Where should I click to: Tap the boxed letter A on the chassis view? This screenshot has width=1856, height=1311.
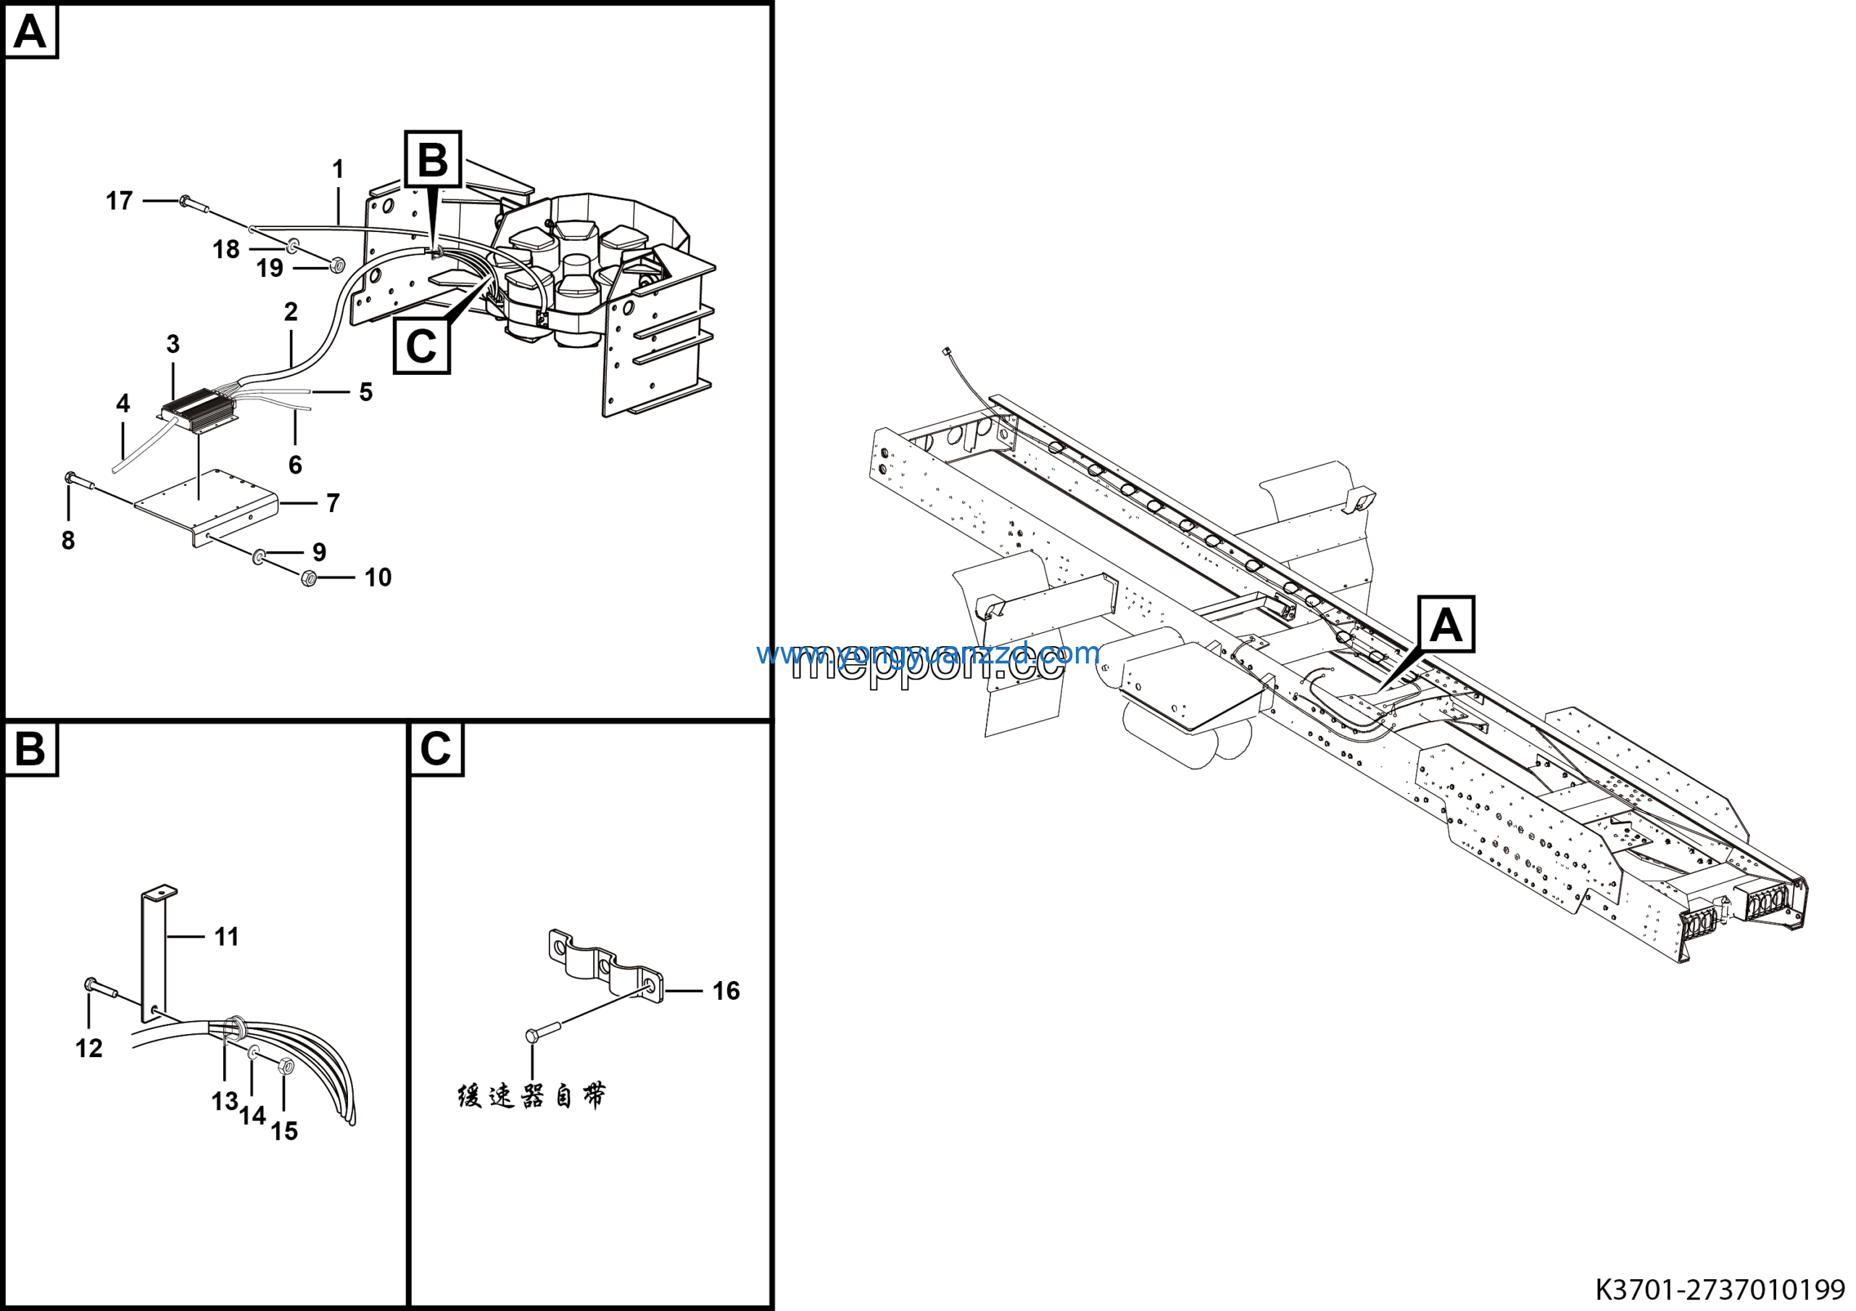point(1446,625)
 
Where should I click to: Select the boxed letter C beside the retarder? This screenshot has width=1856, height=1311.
point(421,346)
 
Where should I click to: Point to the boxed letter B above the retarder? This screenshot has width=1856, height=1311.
point(434,160)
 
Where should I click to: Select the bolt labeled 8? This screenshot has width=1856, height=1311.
point(78,481)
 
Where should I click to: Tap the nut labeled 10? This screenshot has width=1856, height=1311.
point(308,578)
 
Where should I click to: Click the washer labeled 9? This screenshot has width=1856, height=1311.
point(260,555)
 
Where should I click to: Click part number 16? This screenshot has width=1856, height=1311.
point(725,991)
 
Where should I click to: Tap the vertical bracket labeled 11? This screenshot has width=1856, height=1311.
point(154,954)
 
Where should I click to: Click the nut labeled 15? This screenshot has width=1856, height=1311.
point(284,1066)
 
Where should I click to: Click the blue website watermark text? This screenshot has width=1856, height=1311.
point(928,653)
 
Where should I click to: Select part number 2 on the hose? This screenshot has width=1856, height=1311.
point(291,311)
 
